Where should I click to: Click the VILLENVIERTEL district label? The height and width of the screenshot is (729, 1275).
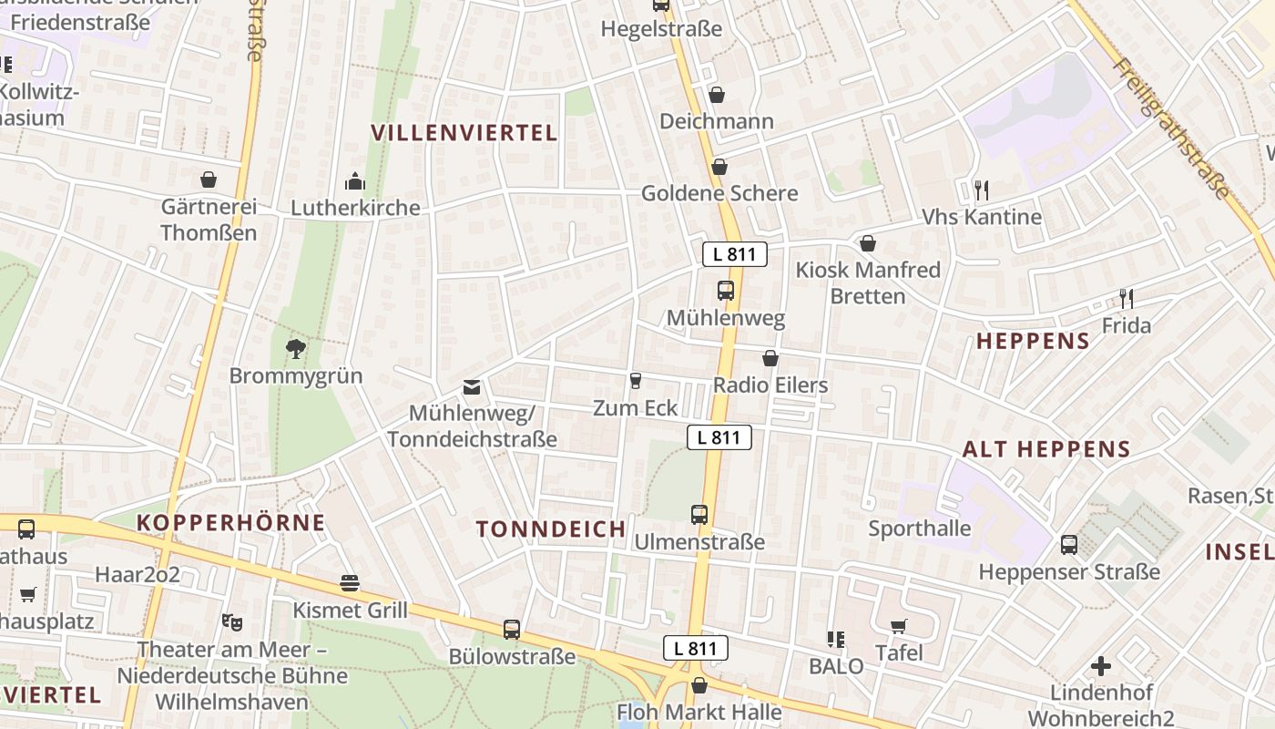point(464,133)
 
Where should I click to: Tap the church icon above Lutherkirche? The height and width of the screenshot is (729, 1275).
point(355,182)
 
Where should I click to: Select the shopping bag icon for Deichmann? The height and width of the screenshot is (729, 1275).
point(717,95)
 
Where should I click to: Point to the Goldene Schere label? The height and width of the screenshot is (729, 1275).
point(719,193)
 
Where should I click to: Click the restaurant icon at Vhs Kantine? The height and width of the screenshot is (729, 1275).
point(981,190)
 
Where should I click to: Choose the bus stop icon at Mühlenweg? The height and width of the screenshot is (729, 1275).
point(726,291)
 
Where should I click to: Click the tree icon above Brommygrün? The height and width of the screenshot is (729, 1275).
point(295,347)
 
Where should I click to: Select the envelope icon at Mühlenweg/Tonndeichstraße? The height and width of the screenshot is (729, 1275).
point(472,388)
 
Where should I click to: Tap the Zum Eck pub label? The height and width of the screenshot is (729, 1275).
point(636,407)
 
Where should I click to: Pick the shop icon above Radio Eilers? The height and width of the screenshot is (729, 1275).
point(770,358)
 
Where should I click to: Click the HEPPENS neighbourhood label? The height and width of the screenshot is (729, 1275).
point(1033,342)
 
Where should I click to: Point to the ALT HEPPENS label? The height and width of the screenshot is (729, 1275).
point(1046,449)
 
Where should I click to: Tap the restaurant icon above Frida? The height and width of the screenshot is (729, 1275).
point(1127,298)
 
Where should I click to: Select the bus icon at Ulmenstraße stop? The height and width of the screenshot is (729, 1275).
point(699,515)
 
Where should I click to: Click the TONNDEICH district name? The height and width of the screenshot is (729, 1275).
point(551,529)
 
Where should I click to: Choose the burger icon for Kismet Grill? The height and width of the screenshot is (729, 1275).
point(350,583)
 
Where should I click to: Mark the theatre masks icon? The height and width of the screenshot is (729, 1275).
point(232,622)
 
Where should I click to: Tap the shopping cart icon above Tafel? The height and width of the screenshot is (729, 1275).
point(899,626)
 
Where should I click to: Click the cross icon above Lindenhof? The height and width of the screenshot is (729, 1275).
point(1101,666)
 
